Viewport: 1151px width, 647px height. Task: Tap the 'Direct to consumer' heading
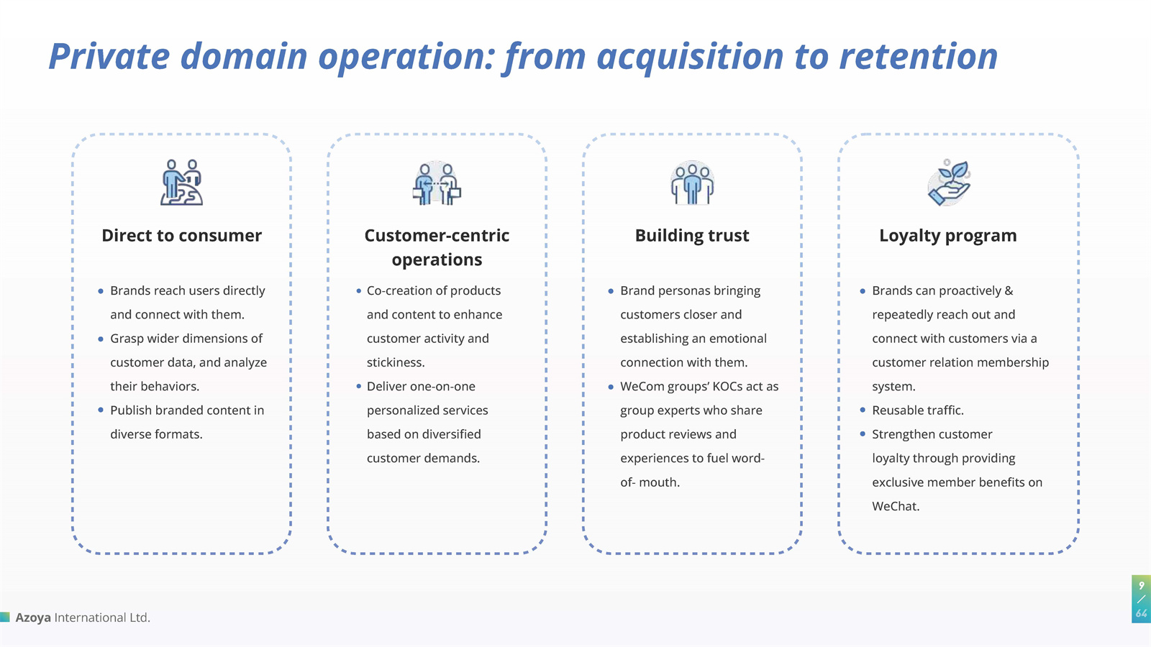(x=181, y=236)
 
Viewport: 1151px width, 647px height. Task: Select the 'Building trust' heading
(x=692, y=236)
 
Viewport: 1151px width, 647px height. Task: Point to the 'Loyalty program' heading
(x=947, y=236)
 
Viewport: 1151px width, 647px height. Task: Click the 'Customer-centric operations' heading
(x=437, y=247)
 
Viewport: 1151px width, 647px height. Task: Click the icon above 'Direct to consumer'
(x=181, y=183)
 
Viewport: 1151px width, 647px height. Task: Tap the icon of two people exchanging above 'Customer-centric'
(x=437, y=183)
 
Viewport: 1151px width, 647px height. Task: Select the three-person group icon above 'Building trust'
(x=692, y=183)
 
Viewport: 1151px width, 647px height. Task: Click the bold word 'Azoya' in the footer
(x=33, y=618)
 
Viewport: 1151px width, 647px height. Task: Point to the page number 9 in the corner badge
(x=1141, y=585)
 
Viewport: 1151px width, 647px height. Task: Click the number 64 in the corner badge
(x=1142, y=613)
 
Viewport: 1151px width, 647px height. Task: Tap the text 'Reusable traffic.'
(x=917, y=410)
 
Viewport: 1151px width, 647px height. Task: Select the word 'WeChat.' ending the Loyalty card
(x=896, y=506)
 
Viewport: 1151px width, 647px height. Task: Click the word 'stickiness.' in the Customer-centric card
(x=396, y=362)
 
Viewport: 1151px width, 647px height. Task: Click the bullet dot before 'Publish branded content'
(x=101, y=410)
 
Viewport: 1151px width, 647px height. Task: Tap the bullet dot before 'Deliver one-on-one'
(x=358, y=387)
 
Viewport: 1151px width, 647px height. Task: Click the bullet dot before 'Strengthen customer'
(x=863, y=434)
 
